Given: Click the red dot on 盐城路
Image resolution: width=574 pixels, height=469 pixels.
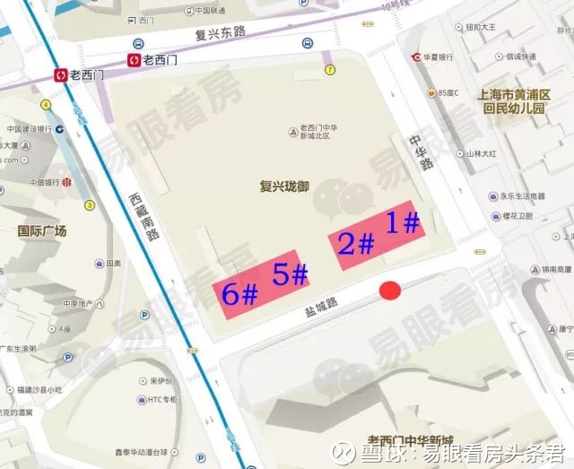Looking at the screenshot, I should pyautogui.click(x=389, y=290).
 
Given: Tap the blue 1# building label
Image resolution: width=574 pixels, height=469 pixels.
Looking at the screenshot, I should pyautogui.click(x=403, y=222).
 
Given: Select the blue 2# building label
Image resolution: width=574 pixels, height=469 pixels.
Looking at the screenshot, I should pyautogui.click(x=355, y=242).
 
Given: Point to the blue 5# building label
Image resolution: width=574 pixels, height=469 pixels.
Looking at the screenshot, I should pyautogui.click(x=291, y=274).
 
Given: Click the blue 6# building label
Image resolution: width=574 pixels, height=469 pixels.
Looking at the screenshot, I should pyautogui.click(x=240, y=293).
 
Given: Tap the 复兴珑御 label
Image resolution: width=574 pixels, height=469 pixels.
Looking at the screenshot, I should pyautogui.click(x=283, y=187).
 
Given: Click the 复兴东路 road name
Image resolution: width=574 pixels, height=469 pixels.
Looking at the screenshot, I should pyautogui.click(x=215, y=33).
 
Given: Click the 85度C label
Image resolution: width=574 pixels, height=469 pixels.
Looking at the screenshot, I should pyautogui.click(x=444, y=92).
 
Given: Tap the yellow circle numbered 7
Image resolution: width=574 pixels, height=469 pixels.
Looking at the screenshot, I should pyautogui.click(x=330, y=69).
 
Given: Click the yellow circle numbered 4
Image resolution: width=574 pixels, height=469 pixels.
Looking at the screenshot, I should pyautogui.click(x=45, y=104).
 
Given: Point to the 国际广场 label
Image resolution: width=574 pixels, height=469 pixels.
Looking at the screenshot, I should pyautogui.click(x=42, y=230).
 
